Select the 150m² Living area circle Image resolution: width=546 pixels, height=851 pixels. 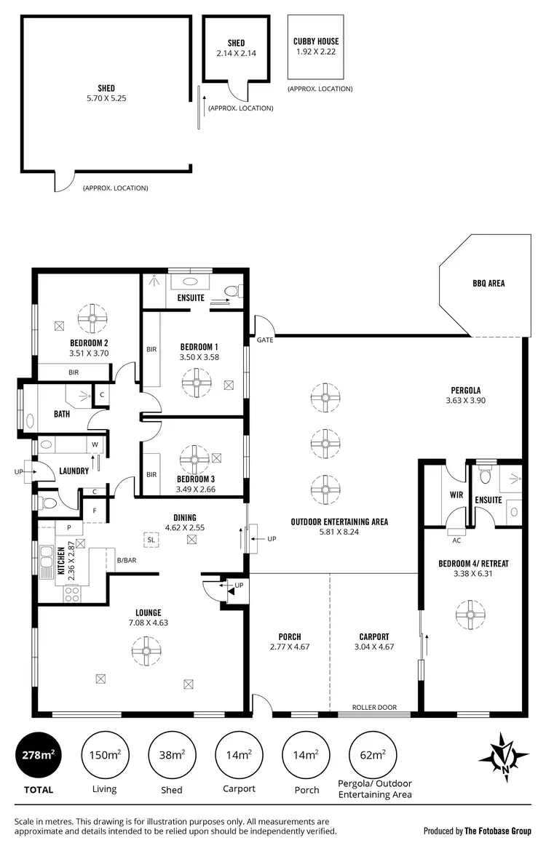point(104,756)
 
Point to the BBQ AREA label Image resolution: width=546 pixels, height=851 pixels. point(487,283)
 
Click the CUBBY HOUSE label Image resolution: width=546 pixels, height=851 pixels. point(316,41)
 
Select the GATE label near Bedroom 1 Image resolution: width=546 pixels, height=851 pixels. point(264,340)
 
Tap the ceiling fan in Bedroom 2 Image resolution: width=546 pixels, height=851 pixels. point(92,316)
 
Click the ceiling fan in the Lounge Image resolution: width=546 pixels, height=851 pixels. point(146,649)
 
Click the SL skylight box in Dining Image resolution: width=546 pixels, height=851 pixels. point(151,540)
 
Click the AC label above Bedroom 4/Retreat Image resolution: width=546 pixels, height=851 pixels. point(456,540)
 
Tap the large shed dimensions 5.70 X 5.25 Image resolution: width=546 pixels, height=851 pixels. point(106,98)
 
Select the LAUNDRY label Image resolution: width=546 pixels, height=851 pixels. point(74,471)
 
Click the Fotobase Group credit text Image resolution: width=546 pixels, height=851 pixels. point(480,830)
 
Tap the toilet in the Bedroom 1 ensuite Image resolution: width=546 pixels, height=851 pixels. point(232,292)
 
